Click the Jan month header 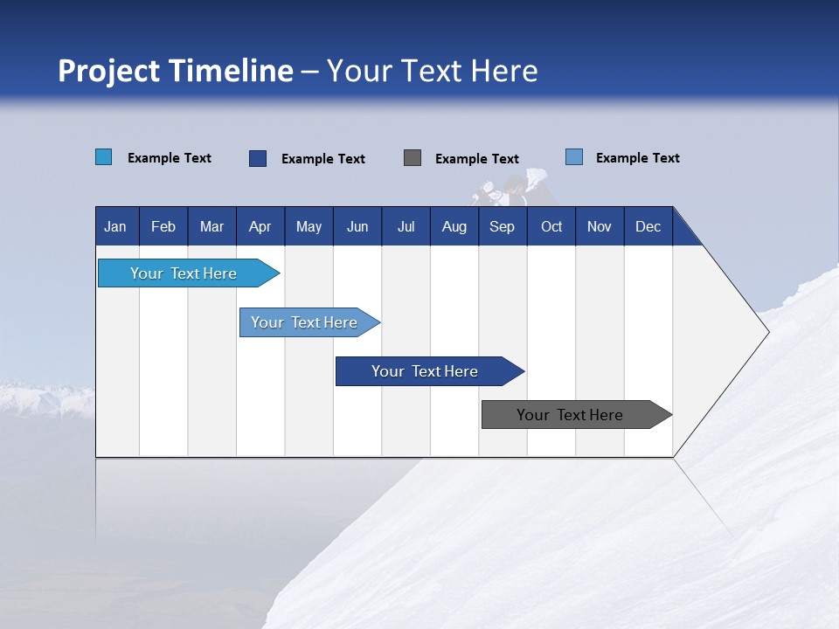(115, 226)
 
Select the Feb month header (163, 226)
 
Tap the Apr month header (260, 226)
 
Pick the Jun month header (357, 226)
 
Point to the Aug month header (454, 226)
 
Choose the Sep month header (502, 226)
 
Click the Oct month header (551, 226)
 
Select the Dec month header (648, 226)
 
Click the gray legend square (413, 158)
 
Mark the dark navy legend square (258, 158)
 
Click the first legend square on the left (104, 157)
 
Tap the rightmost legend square (574, 157)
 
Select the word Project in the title (107, 70)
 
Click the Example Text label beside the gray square (476, 159)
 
